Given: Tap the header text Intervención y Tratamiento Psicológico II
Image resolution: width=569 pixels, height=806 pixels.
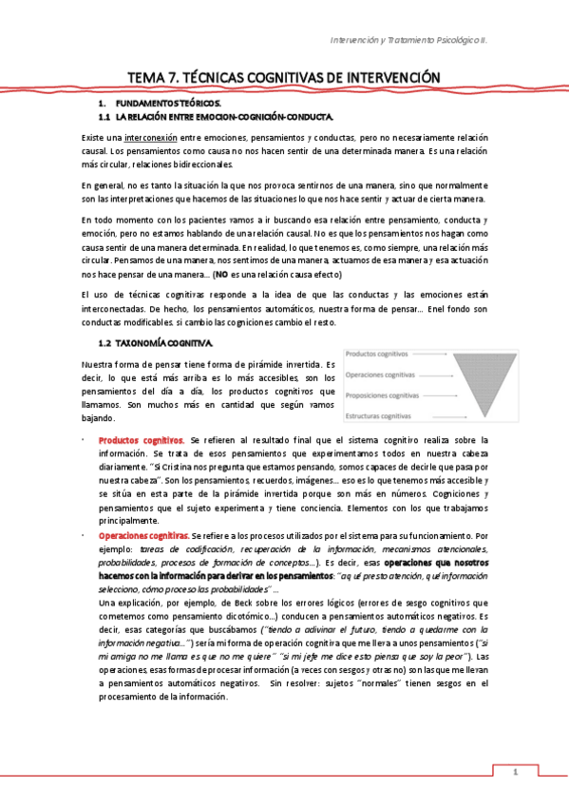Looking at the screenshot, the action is (x=422, y=41).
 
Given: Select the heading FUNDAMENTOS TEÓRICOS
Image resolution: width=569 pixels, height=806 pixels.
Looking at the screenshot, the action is (x=167, y=102).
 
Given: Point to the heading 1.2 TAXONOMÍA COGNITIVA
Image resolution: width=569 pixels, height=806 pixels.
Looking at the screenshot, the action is (x=156, y=342).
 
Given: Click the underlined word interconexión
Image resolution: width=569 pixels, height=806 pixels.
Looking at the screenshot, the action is (x=149, y=139).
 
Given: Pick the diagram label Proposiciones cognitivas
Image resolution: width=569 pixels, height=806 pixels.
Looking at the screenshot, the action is (x=382, y=395).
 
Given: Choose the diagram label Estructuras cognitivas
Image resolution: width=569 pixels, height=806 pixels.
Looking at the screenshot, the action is (x=378, y=416).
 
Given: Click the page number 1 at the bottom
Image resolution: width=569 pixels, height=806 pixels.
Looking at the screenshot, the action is (x=515, y=773).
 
